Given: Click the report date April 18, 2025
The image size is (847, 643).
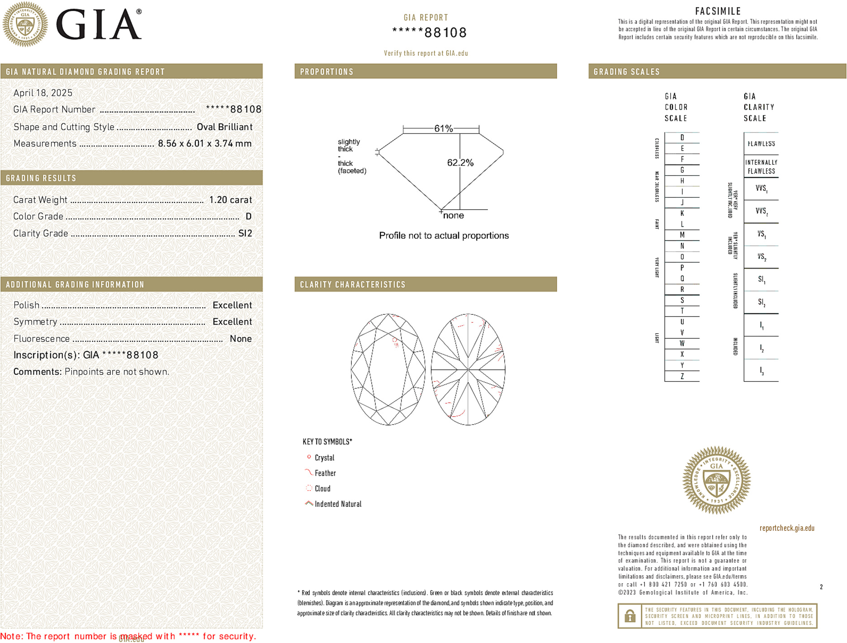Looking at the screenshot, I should coord(43,93).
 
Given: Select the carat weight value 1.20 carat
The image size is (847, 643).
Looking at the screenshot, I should coord(230,200).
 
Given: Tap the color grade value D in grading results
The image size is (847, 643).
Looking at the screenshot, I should coord(248,217).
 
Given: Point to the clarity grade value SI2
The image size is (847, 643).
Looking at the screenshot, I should coord(245,233).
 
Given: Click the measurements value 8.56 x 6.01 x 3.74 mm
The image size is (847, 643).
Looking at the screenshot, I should coord(204,144).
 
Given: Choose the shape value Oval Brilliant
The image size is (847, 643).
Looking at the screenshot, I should coord(224,127).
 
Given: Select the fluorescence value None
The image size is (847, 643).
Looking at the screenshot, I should coord(241,339).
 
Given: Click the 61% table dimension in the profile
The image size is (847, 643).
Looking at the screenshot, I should coord(443,128).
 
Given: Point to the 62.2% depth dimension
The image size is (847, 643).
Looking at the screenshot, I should coord(460,163).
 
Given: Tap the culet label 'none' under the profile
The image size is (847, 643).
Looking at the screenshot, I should coord(453,216).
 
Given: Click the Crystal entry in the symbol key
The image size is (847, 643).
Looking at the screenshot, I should coord(324,458).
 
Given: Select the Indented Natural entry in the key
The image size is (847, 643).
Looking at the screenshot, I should coord(338,504).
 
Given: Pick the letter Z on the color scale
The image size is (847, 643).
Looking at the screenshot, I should coord(682,376).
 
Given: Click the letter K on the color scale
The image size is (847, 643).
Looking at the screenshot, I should coord(682,213).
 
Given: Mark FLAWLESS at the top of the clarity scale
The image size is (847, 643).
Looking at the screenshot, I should coord(761,144).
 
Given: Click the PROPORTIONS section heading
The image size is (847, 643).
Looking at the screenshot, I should coord(326,72).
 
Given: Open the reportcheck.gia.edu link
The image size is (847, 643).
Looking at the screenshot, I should coord(787,528).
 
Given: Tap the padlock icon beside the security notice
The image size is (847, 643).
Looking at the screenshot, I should coord(629,616).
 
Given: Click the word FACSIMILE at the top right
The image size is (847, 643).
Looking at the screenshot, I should coord(718,11).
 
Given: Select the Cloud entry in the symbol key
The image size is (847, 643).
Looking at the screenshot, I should coord(322,489).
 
